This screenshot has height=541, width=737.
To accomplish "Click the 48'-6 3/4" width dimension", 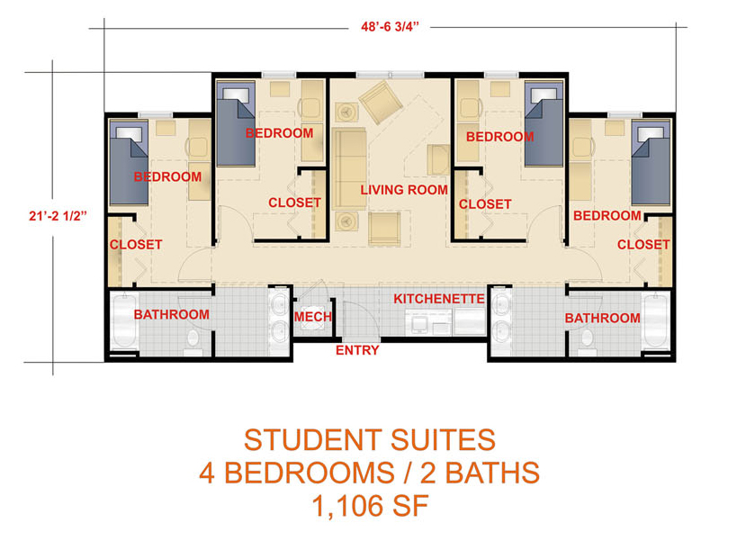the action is pos(390,27).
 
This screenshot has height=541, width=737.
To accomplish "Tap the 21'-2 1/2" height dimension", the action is pos(58,216).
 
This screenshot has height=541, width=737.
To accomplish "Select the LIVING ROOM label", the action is pos(404,190).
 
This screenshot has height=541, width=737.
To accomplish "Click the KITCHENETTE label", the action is pos(438,299).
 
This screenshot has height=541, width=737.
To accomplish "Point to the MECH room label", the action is pos(313,317).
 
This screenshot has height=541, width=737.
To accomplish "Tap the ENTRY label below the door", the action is pos(357,350).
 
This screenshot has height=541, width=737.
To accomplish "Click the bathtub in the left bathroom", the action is pos(124,321).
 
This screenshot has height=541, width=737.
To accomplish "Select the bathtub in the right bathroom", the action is pos(656,321).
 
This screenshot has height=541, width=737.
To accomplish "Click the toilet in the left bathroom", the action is pos(193,341).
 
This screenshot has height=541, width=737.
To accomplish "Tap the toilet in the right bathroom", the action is pos(587,342).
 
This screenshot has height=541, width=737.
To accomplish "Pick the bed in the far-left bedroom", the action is pos(129,163).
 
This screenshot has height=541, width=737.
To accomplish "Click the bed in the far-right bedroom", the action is pos(651,163).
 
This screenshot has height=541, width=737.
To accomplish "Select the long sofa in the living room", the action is pos(349,168).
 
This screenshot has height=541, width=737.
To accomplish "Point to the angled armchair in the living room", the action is pos(381,102).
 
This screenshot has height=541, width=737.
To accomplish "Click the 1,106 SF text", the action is pos(370,506).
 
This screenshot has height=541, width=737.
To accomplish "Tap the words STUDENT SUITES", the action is pos(370,440).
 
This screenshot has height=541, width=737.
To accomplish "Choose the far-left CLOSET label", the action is pos(136,245).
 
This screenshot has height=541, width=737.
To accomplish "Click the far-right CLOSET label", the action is pos(643,245).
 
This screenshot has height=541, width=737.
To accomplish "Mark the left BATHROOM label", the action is pos(172,315).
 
